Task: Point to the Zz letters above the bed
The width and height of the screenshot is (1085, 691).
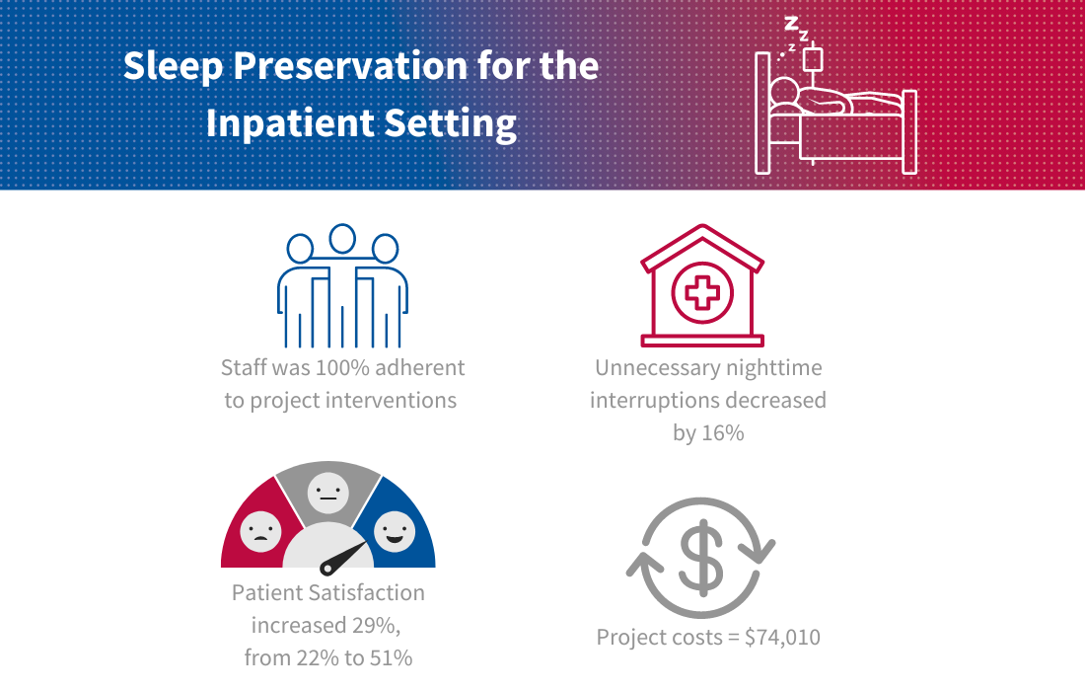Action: (797, 31)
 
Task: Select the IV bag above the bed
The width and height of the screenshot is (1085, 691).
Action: (813, 60)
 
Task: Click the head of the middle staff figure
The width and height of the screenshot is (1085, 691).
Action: (342, 238)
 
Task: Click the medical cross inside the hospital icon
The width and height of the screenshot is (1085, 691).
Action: (701, 293)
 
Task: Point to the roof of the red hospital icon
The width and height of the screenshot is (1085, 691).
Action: (701, 247)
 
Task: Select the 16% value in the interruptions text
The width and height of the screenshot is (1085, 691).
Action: (724, 432)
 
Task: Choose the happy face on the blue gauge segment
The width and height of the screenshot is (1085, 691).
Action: (395, 531)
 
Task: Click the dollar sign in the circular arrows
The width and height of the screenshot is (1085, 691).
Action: (701, 559)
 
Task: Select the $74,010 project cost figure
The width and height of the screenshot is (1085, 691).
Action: (782, 638)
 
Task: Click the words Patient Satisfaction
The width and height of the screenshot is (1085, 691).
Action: (327, 593)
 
